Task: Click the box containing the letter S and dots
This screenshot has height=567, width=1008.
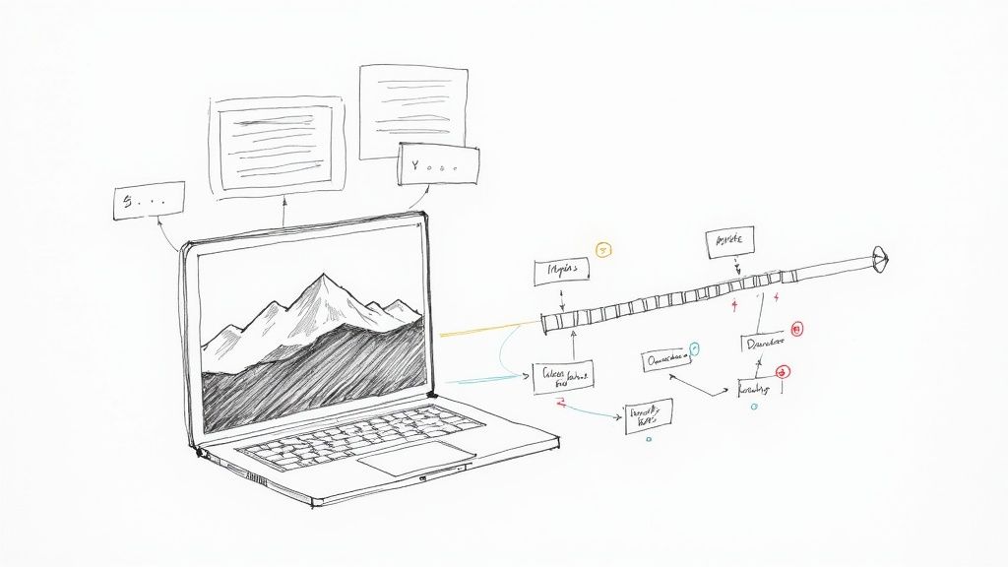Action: (149, 200)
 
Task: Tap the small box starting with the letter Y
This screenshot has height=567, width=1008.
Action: (438, 166)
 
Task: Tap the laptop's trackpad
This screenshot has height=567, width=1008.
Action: (415, 458)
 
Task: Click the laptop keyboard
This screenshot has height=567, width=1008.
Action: (364, 433)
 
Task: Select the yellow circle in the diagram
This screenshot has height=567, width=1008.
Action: (603, 250)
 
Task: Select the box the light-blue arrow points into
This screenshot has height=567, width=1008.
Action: (563, 377)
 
